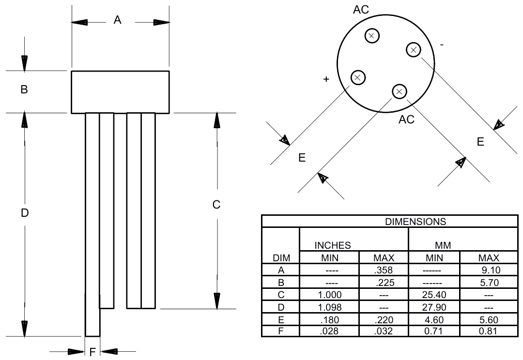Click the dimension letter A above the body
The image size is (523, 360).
pyautogui.click(x=117, y=20)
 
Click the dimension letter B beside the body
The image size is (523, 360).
pyautogui.click(x=24, y=90)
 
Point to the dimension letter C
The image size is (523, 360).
pyautogui.click(x=216, y=205)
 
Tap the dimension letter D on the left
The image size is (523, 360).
pyautogui.click(x=25, y=212)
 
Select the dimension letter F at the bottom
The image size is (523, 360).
pyautogui.click(x=93, y=351)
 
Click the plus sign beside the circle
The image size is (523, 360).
pyautogui.click(x=326, y=79)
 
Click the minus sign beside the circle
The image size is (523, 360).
pyautogui.click(x=441, y=45)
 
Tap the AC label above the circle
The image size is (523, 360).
pyautogui.click(x=361, y=10)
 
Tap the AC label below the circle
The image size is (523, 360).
pyautogui.click(x=406, y=120)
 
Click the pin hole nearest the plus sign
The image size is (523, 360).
pyautogui.click(x=358, y=77)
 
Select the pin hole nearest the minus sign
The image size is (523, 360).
pyautogui.click(x=413, y=49)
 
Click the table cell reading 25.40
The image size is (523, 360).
pyautogui.click(x=434, y=295)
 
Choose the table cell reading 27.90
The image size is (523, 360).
pyautogui.click(x=434, y=307)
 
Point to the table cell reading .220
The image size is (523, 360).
pyautogui.click(x=384, y=320)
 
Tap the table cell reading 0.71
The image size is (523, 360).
pyautogui.click(x=434, y=331)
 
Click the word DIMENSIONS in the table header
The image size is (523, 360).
pyautogui.click(x=415, y=222)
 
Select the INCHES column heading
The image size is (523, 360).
pyautogui.click(x=332, y=246)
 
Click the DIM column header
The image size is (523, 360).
pyautogui.click(x=281, y=258)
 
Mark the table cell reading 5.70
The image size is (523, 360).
pyautogui.click(x=488, y=282)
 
